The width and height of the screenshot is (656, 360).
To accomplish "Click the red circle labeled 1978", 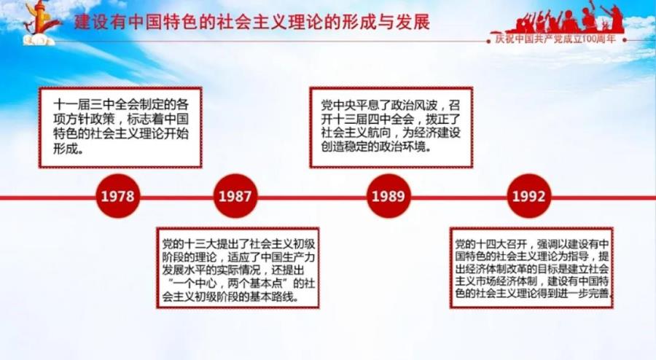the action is [117, 196].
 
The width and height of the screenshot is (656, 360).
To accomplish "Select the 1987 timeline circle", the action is [235, 196].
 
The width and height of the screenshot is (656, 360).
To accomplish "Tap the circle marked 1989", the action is [388, 196].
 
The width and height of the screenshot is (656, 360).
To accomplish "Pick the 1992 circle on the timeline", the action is [529, 196].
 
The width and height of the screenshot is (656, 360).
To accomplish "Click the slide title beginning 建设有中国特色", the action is [252, 22].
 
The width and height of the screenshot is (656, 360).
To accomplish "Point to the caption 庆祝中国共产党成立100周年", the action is [555, 39].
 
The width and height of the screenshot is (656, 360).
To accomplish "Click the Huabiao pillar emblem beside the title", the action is [39, 23].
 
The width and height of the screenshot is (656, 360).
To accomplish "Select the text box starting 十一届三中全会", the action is [120, 128].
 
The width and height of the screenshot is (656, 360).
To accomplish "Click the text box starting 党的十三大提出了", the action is [238, 268].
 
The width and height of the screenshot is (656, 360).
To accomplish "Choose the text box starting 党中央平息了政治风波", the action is [391, 128].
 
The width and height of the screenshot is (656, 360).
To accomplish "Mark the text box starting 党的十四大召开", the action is [531, 268].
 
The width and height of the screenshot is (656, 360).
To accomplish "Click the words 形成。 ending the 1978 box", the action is [69, 149].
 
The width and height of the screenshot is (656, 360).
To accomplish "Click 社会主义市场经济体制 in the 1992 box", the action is [499, 281].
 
